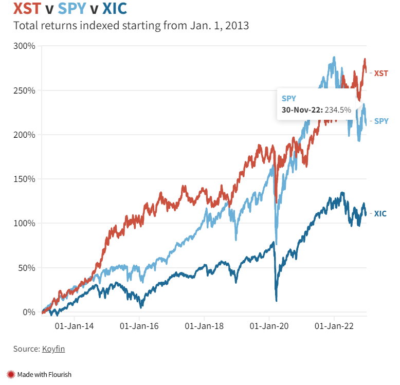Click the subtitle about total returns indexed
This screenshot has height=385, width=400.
coord(131,26)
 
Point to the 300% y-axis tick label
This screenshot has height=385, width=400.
coord(24,46)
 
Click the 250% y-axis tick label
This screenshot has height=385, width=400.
coord(24,90)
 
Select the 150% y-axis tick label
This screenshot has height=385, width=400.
coord(24,179)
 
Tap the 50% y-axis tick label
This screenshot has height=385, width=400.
coord(26,268)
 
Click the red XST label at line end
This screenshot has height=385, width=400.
coord(381,73)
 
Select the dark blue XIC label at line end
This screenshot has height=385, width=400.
coord(380,213)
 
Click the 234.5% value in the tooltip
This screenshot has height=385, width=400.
coord(337,109)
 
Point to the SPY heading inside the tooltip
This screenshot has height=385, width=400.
coord(289,97)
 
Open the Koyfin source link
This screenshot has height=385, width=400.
coord(53,349)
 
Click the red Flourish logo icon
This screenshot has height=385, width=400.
coord(11,374)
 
